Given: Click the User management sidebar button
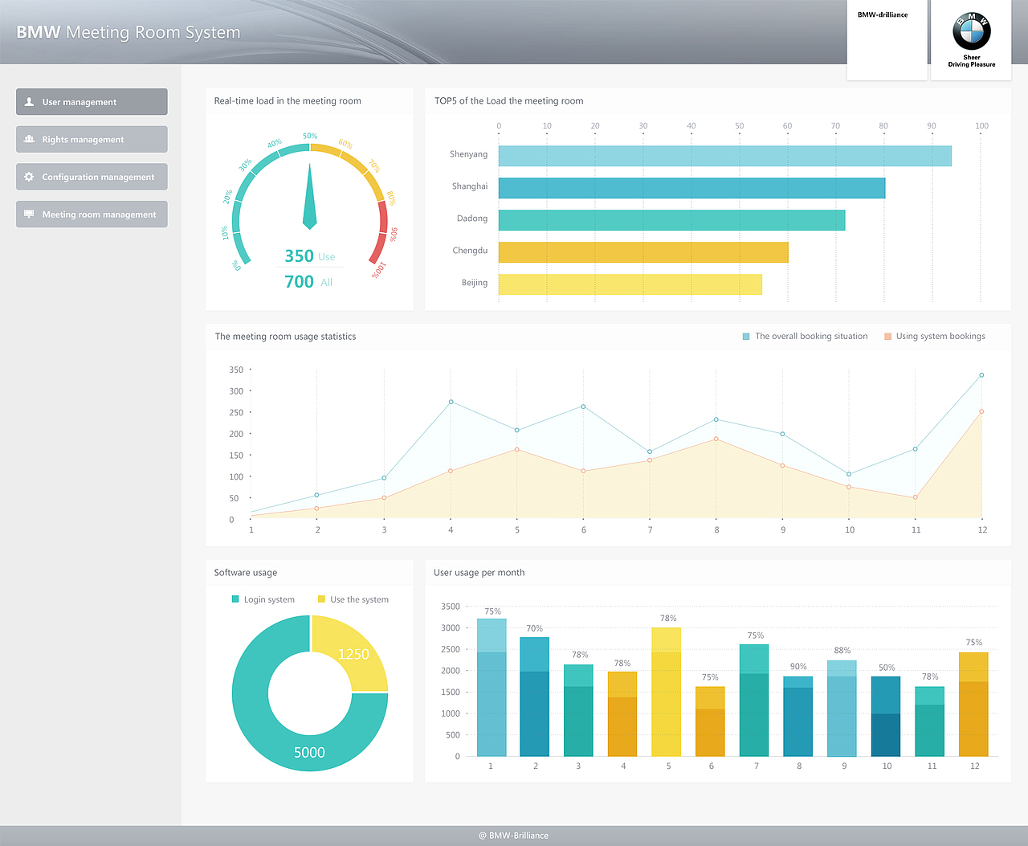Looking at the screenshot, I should tap(92, 102).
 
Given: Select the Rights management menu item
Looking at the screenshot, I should tap(92, 139).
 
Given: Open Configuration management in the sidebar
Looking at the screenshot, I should tap(92, 177).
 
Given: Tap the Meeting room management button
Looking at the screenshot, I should tap(92, 215).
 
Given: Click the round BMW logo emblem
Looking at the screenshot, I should tap(971, 32).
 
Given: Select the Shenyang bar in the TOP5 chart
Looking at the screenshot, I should tap(724, 156).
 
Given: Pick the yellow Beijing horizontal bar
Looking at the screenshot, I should tap(630, 284).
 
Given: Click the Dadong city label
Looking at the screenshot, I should tap(472, 219).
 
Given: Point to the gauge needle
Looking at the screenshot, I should tap(310, 201).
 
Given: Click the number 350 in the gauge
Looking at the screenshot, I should tap(299, 256).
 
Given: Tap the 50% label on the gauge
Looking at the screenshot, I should tap(310, 136).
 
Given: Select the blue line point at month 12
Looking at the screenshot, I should tap(981, 375).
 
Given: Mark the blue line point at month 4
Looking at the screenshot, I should tap(451, 402).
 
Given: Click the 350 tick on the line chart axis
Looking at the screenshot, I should tap(236, 370).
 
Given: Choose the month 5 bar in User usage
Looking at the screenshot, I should tap(666, 692).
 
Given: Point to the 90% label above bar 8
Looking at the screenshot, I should tap(798, 666).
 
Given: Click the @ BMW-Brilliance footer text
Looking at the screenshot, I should tap(514, 836).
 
